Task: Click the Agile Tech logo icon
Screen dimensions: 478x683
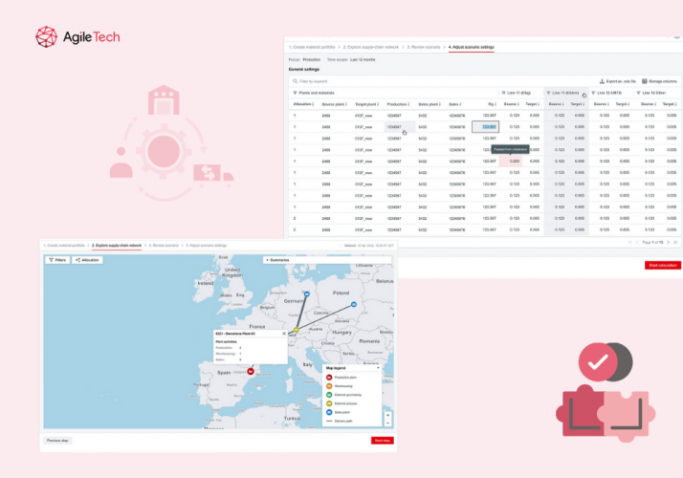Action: click(48, 37)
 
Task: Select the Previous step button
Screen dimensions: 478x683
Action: click(56, 440)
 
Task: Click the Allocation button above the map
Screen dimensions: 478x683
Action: click(88, 260)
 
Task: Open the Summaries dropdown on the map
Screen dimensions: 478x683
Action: click(277, 260)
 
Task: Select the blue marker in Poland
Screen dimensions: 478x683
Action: click(353, 304)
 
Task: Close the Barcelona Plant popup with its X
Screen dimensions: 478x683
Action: click(283, 334)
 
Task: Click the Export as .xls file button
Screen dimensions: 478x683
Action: click(618, 81)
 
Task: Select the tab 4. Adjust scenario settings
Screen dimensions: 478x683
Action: click(471, 46)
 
